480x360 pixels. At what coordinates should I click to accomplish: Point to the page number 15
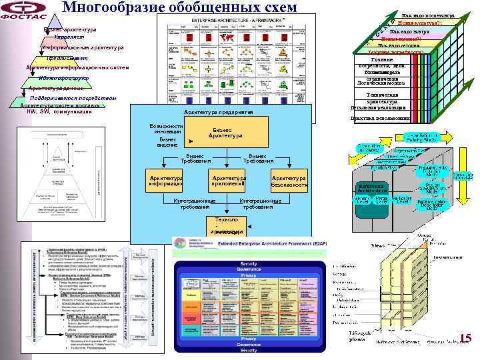(465, 339)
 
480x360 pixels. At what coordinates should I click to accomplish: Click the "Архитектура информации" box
(167, 181)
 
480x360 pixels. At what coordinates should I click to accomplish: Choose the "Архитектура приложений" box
(229, 181)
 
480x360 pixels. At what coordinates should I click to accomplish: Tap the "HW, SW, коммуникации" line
(59, 111)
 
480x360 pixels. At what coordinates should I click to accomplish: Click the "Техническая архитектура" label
(382, 98)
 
